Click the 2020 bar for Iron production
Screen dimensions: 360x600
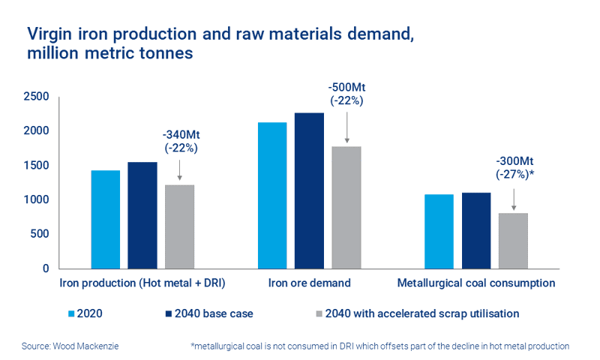[105, 219]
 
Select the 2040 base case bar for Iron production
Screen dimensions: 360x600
[142, 215]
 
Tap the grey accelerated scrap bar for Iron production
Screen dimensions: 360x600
[179, 226]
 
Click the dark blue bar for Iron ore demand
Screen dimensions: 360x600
[310, 190]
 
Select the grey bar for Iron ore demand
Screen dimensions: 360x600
[346, 207]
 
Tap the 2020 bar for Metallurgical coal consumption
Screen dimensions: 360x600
[439, 231]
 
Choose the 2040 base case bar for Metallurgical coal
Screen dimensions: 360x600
[476, 230]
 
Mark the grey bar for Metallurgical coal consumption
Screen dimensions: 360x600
[514, 241]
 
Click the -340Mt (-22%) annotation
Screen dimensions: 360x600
[180, 141]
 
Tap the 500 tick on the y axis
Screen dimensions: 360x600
[39, 234]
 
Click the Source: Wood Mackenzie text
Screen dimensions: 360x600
[71, 346]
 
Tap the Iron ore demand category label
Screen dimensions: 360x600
[310, 283]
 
